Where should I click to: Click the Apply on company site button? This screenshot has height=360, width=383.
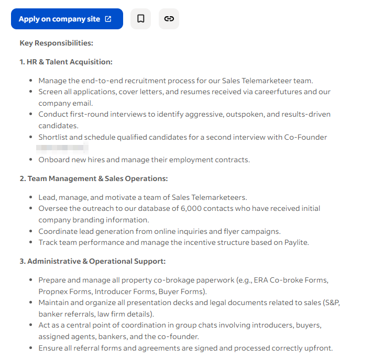coord(67,19)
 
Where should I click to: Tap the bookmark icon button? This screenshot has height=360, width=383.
coord(140,19)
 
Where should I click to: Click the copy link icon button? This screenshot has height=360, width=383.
coord(169,19)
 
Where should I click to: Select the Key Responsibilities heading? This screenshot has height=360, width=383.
coord(56,43)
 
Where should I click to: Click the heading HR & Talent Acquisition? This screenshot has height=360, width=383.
coord(66,62)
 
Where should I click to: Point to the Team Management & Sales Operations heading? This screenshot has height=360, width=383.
coord(94,178)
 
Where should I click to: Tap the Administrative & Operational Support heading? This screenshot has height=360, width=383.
coord(93,261)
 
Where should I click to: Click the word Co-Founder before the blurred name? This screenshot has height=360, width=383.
coord(305,137)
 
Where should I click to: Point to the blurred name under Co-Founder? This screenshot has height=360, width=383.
coord(62,148)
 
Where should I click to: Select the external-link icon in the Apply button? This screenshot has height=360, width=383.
coord(108,19)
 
